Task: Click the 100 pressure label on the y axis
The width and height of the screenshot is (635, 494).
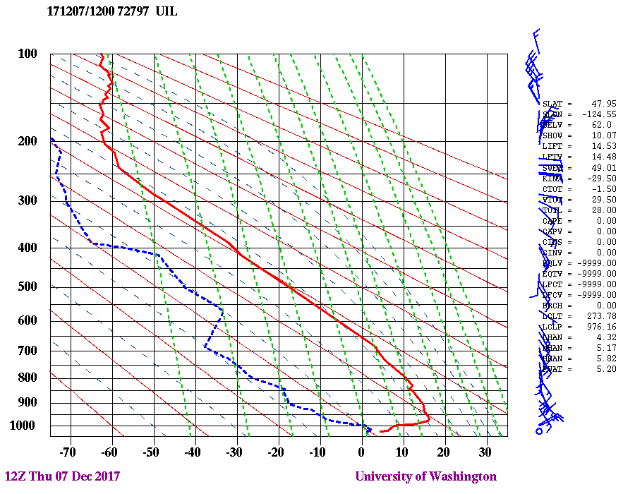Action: coord(28,54)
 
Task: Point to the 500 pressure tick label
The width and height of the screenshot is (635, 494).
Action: coord(28,287)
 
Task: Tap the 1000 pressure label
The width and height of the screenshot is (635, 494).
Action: coord(25,426)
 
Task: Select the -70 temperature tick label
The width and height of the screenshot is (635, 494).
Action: coord(68,452)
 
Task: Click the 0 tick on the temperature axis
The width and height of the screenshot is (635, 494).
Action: coord(361,452)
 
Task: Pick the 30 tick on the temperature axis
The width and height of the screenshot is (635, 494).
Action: coord(485,452)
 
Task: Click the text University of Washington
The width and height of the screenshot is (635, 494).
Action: coord(425,476)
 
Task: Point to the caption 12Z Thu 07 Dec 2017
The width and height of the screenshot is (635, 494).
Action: coord(62,476)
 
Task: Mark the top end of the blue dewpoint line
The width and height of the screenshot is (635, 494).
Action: coord(52,139)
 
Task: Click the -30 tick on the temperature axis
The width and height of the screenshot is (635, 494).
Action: coord(234,452)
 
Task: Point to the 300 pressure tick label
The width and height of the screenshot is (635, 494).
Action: coord(28,200)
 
